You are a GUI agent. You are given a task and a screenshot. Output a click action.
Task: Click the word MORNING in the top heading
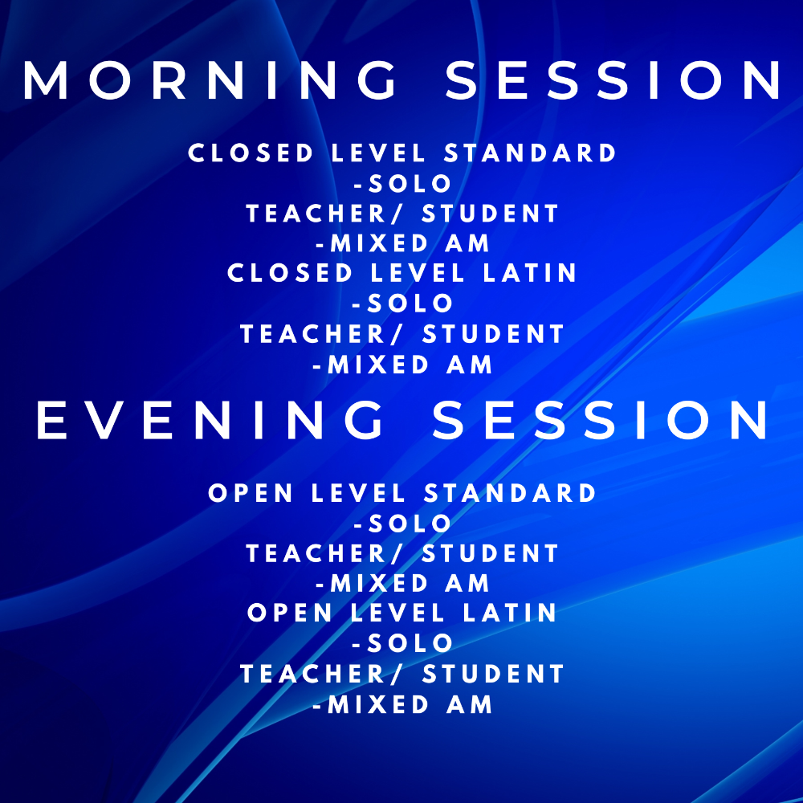coord(210,79)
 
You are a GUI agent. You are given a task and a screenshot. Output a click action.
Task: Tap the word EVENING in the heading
coord(210,420)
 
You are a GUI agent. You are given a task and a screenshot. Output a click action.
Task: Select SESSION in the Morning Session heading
coord(613,79)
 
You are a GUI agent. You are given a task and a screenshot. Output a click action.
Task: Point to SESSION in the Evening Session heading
coord(600,420)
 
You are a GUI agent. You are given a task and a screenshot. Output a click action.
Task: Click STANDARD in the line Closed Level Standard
coord(530,153)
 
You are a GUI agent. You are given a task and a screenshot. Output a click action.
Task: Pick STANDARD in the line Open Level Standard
coord(510,493)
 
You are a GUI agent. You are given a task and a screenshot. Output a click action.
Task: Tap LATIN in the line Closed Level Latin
coord(530,272)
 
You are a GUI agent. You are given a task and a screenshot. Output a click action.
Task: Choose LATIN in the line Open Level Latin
coord(510,613)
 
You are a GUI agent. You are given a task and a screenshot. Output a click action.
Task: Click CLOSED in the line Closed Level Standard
coord(251,153)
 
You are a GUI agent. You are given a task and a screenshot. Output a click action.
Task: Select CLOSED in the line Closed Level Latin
coord(290,272)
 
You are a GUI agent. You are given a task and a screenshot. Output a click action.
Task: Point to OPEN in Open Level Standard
coord(251,493)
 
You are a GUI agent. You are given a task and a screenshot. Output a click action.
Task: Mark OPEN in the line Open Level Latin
coord(289,613)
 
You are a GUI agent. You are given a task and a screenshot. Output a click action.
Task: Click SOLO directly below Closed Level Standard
coord(402,183)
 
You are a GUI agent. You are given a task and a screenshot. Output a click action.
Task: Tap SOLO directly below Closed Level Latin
coord(402,303)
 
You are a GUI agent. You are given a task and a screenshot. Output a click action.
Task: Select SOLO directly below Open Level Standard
coord(402,523)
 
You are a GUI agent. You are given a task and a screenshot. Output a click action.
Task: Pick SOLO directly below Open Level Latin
coord(402,642)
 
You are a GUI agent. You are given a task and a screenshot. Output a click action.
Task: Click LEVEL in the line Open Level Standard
coord(358,493)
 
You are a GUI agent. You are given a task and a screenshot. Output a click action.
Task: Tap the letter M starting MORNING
coord(46,79)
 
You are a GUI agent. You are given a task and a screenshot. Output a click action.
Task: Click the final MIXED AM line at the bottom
coord(402,704)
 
